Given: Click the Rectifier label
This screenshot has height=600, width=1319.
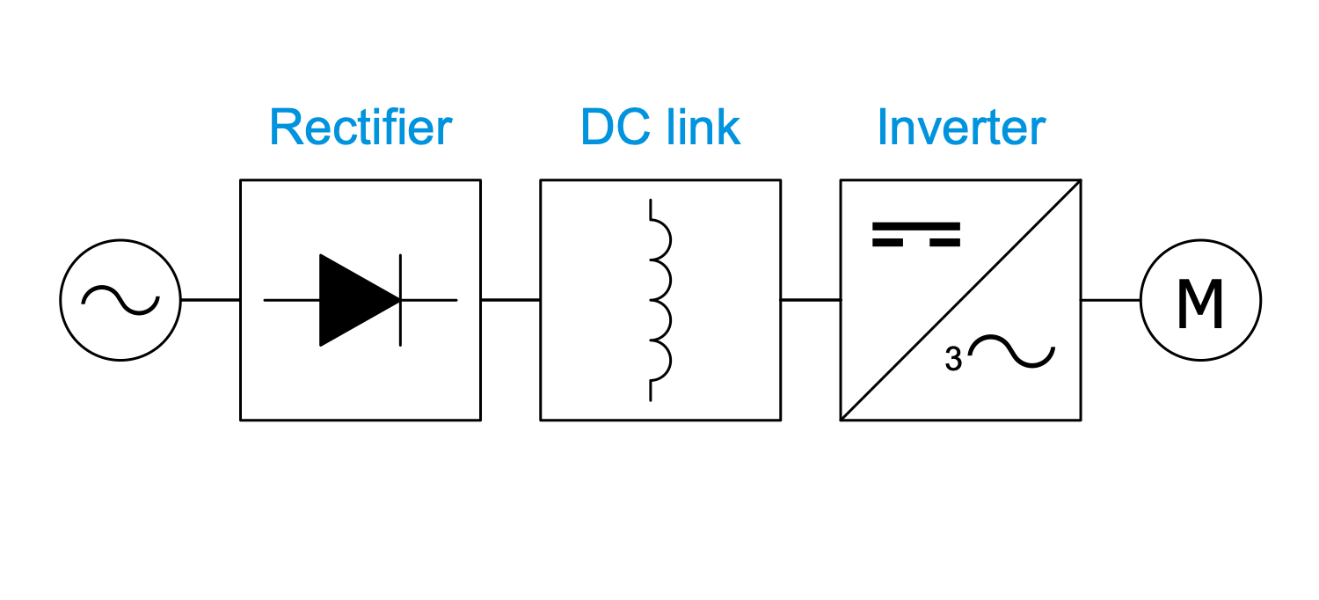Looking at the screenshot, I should click(x=361, y=128).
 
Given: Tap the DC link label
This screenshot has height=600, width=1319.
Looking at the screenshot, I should click(x=660, y=128).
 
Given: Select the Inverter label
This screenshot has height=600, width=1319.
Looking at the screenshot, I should click(x=961, y=128).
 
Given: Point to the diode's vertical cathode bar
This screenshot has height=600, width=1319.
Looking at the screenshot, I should click(x=401, y=300).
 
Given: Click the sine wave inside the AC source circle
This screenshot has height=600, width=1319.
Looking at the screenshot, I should click(x=120, y=300).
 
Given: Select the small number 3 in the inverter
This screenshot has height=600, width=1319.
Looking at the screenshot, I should click(x=953, y=359).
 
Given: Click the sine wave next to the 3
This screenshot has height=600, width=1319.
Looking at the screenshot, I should click(x=1011, y=352).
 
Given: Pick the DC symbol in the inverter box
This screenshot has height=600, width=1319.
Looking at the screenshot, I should click(x=916, y=234).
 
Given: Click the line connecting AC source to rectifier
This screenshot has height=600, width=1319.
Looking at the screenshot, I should click(x=210, y=300).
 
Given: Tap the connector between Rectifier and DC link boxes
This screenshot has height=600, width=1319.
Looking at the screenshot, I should click(x=510, y=300).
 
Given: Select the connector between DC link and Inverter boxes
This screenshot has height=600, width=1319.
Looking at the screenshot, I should click(x=810, y=300).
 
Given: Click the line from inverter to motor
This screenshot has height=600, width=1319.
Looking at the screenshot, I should click(x=1111, y=300).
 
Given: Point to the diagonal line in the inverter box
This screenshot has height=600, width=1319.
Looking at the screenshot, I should click(x=960, y=300).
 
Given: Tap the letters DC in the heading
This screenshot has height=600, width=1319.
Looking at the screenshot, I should click(x=610, y=128).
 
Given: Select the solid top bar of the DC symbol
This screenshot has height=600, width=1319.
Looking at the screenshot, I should click(x=916, y=226).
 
